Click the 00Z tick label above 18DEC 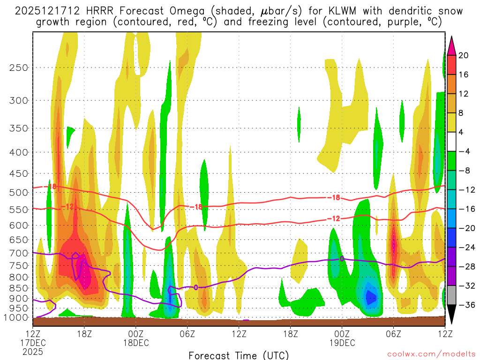(136, 334)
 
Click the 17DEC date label (32, 343)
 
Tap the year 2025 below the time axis (32, 352)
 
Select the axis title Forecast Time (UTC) (239, 355)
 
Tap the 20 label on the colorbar (464, 55)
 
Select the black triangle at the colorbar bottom (452, 314)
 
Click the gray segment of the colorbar (452, 295)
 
